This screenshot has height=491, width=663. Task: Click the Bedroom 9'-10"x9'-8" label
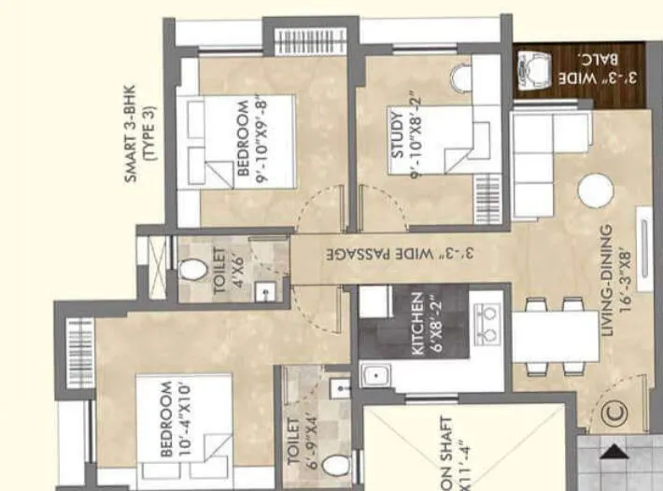250,141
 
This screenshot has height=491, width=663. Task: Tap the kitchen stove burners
486,324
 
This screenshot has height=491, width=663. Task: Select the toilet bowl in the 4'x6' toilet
192,271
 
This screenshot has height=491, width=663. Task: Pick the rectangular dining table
555,337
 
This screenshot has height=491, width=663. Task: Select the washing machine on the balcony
531,69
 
